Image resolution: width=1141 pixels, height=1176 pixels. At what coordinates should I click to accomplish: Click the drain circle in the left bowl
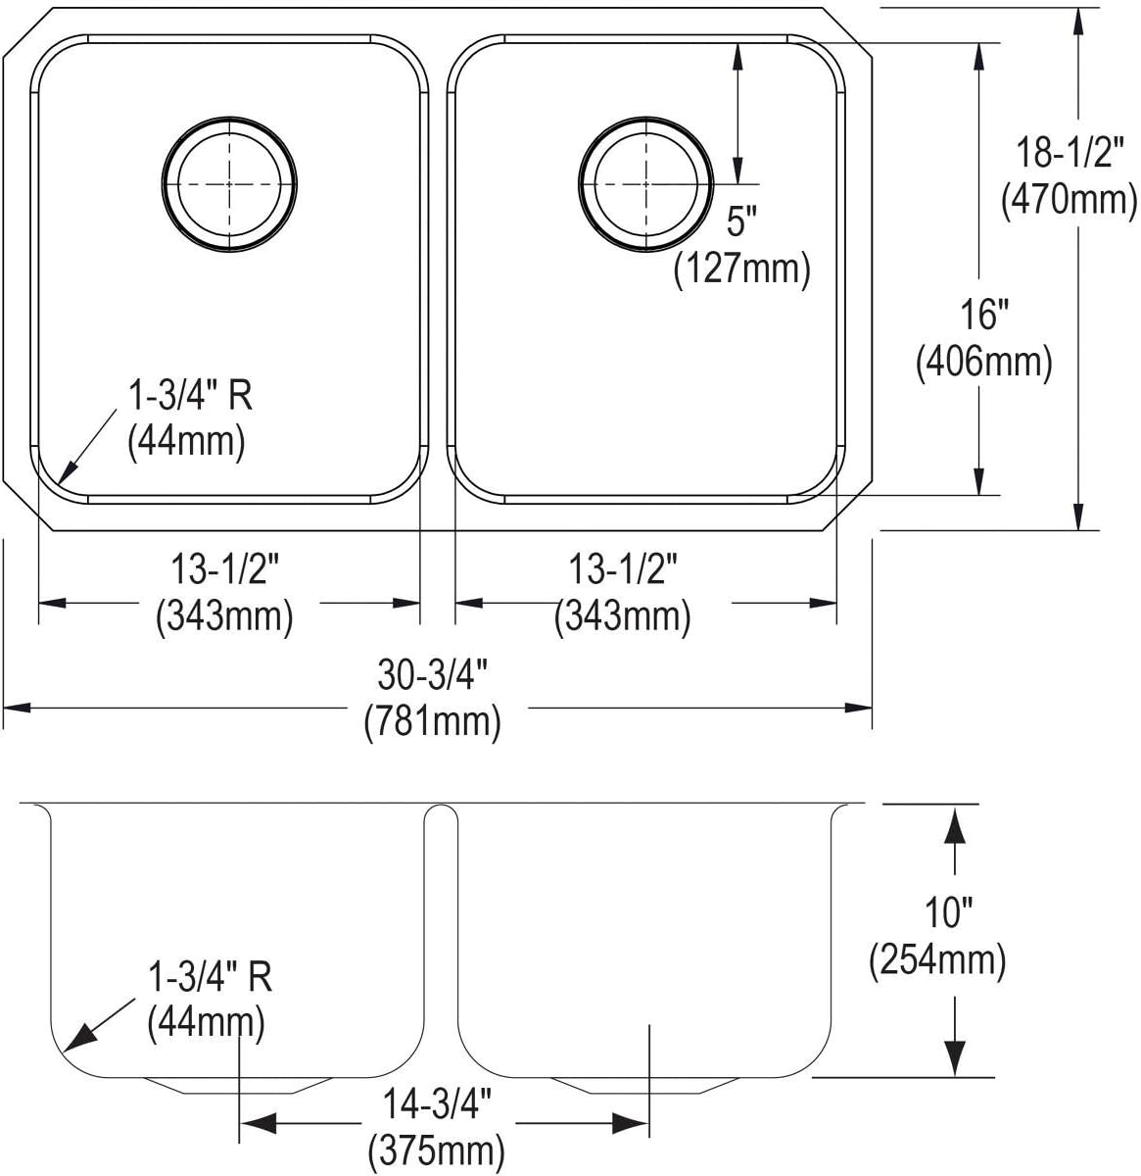tap(230, 183)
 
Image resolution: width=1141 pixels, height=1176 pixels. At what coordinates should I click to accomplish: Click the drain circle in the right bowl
tap(643, 183)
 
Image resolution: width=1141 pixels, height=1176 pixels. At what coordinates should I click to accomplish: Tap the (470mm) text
tap(1069, 200)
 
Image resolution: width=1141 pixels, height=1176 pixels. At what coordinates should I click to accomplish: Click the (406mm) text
tap(983, 363)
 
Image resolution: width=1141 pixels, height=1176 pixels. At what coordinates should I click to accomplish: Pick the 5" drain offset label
tap(741, 223)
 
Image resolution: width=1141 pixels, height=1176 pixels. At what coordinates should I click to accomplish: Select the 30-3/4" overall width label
tap(432, 676)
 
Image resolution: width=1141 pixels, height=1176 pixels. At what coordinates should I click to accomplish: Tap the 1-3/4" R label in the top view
tap(190, 396)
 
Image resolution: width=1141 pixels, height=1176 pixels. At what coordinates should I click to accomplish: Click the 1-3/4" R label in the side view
tap(210, 978)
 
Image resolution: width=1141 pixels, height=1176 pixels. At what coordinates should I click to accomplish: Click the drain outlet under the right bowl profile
tap(642, 1084)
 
